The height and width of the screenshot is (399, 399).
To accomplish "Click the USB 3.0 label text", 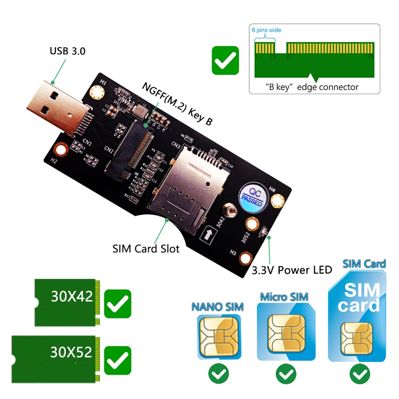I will click(x=67, y=51).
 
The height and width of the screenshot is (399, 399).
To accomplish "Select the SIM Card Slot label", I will click(x=146, y=249).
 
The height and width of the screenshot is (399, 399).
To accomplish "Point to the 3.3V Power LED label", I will click(x=292, y=270).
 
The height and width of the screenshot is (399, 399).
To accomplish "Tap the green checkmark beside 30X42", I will click(x=117, y=303).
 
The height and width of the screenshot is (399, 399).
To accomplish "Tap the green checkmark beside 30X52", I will click(x=117, y=360).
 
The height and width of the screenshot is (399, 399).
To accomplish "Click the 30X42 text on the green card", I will click(x=72, y=297).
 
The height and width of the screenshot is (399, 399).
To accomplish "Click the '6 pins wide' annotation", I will click(x=266, y=30).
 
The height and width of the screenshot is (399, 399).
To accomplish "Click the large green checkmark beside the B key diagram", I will click(x=225, y=60).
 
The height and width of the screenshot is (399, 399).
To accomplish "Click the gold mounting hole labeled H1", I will click(x=97, y=93).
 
